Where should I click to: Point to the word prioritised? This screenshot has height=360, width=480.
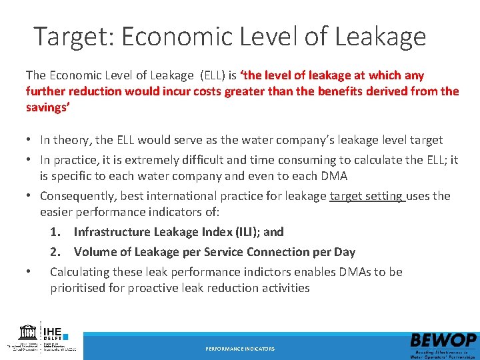(x=79, y=288)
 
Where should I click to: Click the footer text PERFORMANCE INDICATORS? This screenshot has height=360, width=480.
(x=240, y=349)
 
